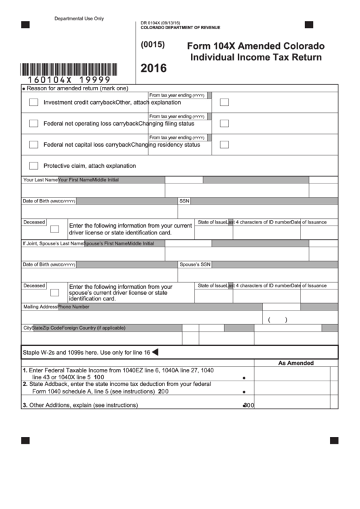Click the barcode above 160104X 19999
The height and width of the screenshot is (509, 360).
69,69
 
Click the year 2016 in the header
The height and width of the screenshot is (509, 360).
153,68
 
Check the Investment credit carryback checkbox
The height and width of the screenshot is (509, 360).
33,103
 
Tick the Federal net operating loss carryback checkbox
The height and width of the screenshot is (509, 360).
33,124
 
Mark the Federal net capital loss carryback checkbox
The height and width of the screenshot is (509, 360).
33,145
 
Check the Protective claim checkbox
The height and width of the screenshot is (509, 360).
33,166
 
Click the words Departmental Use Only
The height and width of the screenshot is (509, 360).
79,18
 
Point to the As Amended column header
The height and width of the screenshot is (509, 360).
295,363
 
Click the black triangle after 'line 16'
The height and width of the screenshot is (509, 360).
154,352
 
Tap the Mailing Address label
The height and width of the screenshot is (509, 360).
39,306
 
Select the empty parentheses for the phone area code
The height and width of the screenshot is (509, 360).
277,319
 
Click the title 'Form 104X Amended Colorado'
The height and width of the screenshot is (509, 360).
255,46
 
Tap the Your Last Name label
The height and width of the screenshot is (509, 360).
40,180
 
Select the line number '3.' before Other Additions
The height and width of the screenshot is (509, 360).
24,405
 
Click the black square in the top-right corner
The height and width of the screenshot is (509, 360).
308,24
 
